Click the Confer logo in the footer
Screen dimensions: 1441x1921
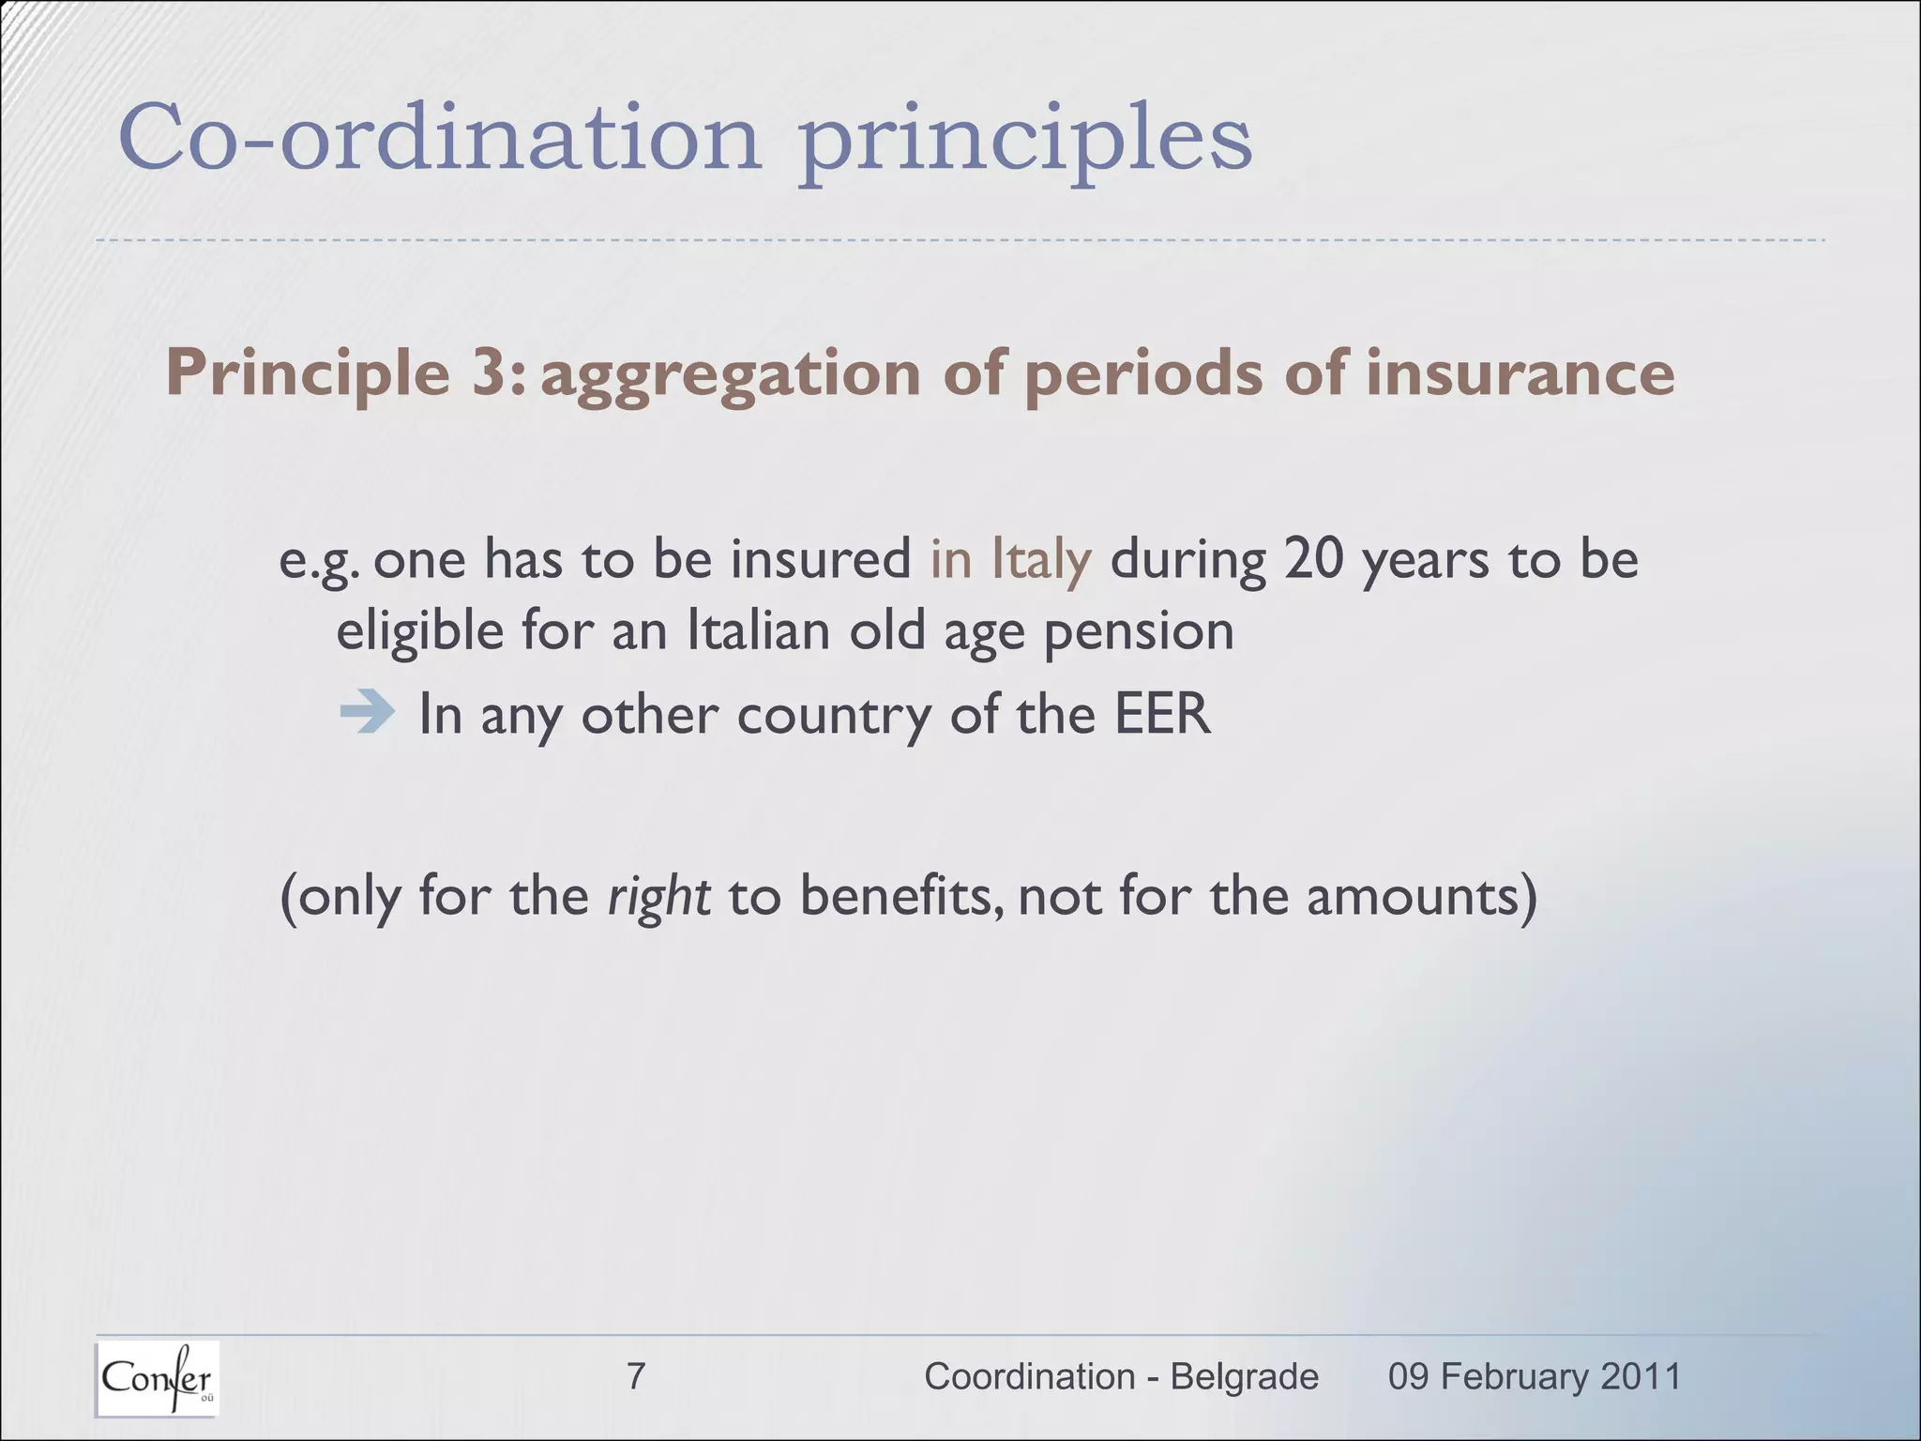click(157, 1377)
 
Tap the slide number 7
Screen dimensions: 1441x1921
click(636, 1376)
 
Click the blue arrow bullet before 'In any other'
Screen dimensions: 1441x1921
click(366, 712)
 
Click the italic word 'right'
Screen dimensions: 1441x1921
click(658, 896)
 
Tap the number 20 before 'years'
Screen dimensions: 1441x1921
click(1313, 559)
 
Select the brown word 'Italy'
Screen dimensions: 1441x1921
click(1041, 559)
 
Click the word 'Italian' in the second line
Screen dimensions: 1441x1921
click(758, 630)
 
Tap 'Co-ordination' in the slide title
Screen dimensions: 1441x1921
click(439, 139)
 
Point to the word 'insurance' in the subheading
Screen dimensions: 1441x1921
click(1520, 372)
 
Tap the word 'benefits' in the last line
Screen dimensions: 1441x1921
click(901, 896)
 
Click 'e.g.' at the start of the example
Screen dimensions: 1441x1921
click(320, 561)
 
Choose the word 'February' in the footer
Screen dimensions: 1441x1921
click(1514, 1376)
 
